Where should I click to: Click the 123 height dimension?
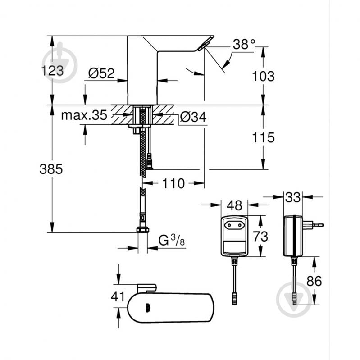click(x=53, y=71)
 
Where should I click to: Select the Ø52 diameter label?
click(x=101, y=73)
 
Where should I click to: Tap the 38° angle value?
click(x=244, y=45)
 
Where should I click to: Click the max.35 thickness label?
click(x=84, y=115)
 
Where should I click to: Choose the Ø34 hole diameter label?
click(x=193, y=117)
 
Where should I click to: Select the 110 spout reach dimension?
click(x=173, y=183)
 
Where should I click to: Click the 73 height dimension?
click(x=260, y=236)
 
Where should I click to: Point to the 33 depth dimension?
click(x=293, y=197)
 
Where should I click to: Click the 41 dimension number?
click(x=118, y=296)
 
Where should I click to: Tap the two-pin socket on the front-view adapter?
click(x=234, y=224)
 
